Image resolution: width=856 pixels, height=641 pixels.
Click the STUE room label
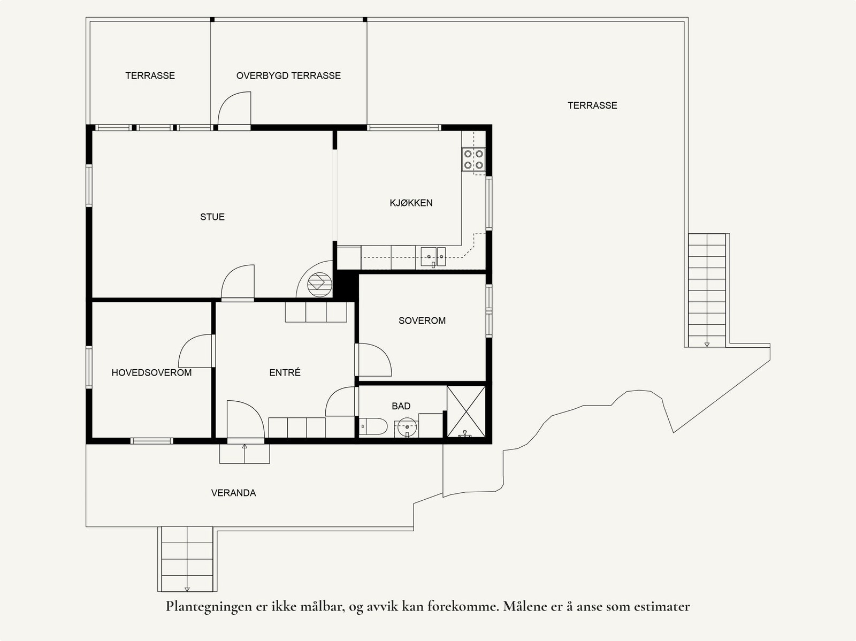tap(212, 217)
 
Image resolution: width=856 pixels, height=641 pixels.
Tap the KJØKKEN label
tap(411, 203)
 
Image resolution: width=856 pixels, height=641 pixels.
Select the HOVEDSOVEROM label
tap(151, 372)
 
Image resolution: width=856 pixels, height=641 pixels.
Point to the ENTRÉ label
tap(285, 372)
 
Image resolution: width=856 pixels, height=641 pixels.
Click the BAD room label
tap(401, 406)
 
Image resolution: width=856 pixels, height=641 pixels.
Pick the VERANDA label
tap(233, 493)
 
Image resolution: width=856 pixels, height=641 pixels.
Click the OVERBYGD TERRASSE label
tap(288, 75)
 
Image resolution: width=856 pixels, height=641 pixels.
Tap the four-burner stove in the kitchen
tap(473, 159)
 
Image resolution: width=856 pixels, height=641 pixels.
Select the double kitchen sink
tap(433, 256)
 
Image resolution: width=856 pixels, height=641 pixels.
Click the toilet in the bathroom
tap(373, 427)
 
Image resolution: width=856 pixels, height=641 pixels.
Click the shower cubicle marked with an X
tap(466, 411)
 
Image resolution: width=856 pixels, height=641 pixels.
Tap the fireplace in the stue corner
tap(320, 282)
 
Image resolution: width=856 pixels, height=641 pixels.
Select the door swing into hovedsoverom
tap(196, 352)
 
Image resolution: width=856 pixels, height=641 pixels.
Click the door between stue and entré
tap(238, 283)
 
